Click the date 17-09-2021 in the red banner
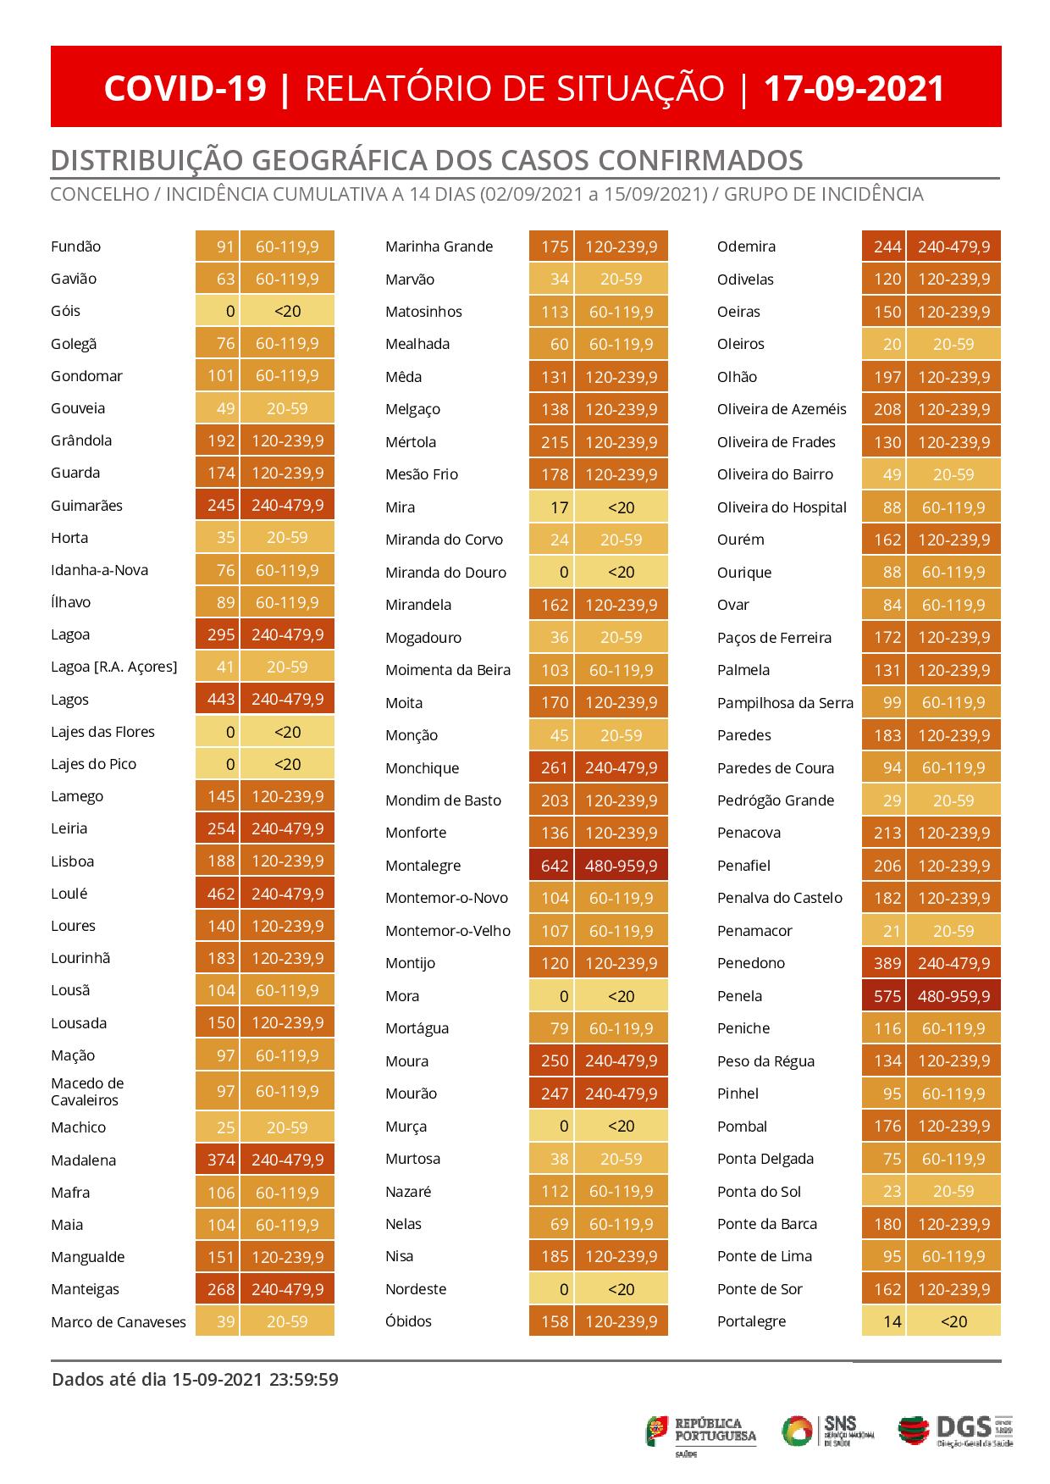click(x=854, y=88)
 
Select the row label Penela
click(x=739, y=996)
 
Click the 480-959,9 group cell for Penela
click(x=953, y=996)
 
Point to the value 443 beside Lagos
click(x=220, y=700)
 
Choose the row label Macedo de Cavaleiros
click(x=87, y=1092)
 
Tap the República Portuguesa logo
click(x=702, y=1431)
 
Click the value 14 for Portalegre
click(x=892, y=1321)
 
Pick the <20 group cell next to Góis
click(x=287, y=311)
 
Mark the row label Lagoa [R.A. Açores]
click(x=114, y=667)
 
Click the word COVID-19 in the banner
click(x=185, y=88)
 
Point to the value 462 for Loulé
click(x=220, y=894)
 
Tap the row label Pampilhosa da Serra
click(x=785, y=703)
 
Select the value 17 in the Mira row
click(x=558, y=507)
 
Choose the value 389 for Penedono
click(x=887, y=963)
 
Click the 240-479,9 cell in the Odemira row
click(x=953, y=246)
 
